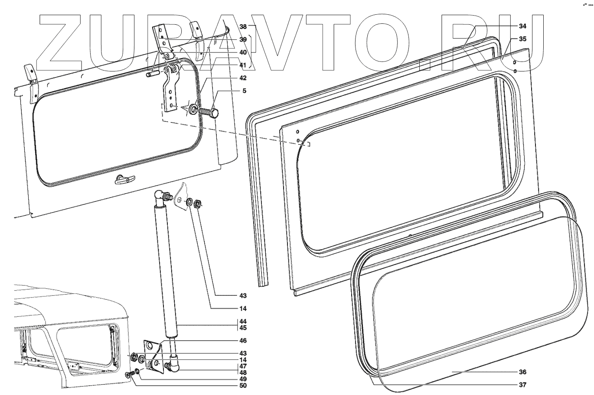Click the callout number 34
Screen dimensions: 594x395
click(522, 26)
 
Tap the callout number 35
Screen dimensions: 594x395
click(522, 39)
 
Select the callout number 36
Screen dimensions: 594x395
click(522, 372)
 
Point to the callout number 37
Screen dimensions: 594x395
click(522, 385)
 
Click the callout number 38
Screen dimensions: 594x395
click(243, 26)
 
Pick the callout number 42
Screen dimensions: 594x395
click(243, 78)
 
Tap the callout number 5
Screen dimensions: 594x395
click(244, 91)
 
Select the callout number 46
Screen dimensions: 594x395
click(243, 340)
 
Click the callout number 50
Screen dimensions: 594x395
click(243, 385)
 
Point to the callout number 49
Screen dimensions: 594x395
click(243, 379)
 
